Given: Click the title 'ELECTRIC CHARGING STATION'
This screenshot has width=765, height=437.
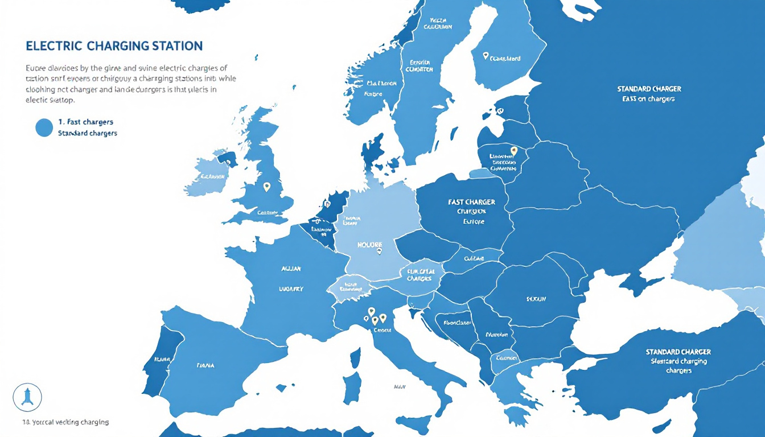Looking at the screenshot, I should click(x=114, y=46).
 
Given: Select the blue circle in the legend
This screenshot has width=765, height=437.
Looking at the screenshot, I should click(x=44, y=127).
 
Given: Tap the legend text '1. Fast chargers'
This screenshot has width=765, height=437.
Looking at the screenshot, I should click(x=85, y=122).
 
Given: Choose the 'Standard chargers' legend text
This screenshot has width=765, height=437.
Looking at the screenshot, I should click(x=88, y=133).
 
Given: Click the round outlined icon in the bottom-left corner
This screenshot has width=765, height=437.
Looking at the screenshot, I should click(x=27, y=397).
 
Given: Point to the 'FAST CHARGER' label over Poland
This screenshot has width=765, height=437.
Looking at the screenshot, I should click(x=471, y=202).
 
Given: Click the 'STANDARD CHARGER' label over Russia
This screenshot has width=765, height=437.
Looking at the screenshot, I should click(x=649, y=89).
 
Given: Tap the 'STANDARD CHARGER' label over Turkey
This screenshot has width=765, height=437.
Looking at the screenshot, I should click(x=678, y=352).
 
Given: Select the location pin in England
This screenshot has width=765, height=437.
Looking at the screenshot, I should click(x=266, y=186).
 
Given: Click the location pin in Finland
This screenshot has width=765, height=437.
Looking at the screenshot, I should click(x=486, y=56).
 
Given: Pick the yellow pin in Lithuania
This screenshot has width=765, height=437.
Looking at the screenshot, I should click(x=514, y=150).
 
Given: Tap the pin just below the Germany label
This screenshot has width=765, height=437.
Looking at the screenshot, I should click(x=379, y=250).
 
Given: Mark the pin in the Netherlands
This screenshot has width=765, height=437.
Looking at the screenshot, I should click(x=327, y=203).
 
